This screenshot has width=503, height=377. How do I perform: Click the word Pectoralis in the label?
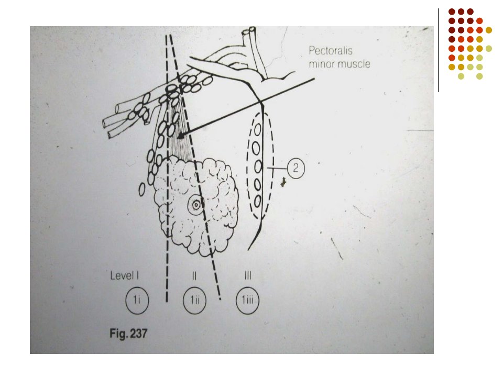pyautogui.click(x=331, y=51)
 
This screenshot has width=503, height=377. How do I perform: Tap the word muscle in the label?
pyautogui.click(x=355, y=64)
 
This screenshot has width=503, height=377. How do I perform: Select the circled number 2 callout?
pyautogui.click(x=296, y=168)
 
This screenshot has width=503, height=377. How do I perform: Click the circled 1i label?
pyautogui.click(x=137, y=301)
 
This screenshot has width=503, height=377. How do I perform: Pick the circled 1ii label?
pyautogui.click(x=195, y=301)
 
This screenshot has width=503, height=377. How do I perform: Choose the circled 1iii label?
pyautogui.click(x=247, y=301)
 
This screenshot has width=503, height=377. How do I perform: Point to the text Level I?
pyautogui.click(x=125, y=276)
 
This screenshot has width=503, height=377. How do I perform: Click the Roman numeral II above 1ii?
pyautogui.click(x=194, y=276)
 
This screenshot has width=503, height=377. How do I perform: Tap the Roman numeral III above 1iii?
pyautogui.click(x=248, y=276)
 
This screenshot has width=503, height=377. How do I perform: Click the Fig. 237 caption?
pyautogui.click(x=128, y=334)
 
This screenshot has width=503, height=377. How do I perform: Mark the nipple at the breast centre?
pyautogui.click(x=195, y=205)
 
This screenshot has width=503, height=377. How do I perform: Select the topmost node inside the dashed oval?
pyautogui.click(x=258, y=130)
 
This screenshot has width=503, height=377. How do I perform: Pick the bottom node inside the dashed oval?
pyautogui.click(x=258, y=202)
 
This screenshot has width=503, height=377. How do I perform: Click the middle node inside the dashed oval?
pyautogui.click(x=258, y=167)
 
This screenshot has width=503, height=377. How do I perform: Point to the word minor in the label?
pyautogui.click(x=322, y=64)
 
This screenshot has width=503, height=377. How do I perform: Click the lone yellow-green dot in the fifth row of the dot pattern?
pyautogui.click(x=488, y=48)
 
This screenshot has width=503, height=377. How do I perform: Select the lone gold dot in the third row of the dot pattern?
pyautogui.click(x=488, y=30)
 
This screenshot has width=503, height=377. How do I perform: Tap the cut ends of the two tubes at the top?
pyautogui.click(x=249, y=30)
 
